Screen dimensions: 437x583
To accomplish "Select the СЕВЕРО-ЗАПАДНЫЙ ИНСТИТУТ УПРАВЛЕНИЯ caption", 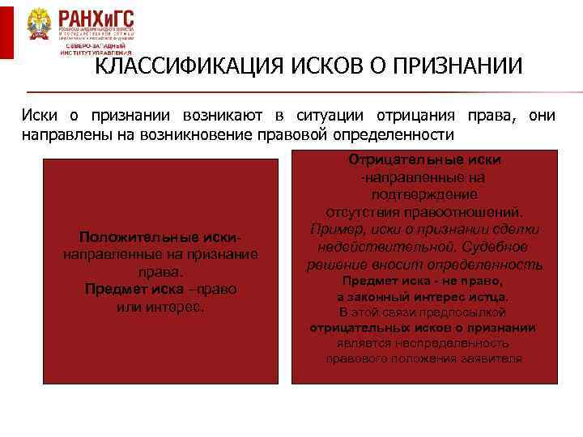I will click(x=98, y=49).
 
